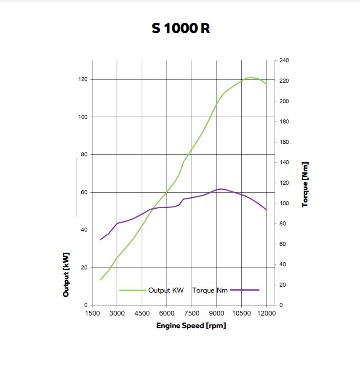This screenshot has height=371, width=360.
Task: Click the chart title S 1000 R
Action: tap(181, 28)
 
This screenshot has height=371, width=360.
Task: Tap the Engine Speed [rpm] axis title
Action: tap(191, 325)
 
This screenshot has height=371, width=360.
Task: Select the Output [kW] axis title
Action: tap(66, 274)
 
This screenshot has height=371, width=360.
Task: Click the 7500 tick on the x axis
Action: tap(192, 313)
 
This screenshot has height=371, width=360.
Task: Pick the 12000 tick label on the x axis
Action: tap(266, 313)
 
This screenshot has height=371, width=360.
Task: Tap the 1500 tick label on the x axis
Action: tap(92, 313)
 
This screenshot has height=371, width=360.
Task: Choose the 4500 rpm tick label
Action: tap(142, 313)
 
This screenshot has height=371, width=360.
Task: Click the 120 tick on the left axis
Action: tap(83, 79)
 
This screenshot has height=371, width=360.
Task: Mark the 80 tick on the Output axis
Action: tap(84, 154)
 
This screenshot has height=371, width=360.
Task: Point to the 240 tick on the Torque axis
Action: tap(284, 60)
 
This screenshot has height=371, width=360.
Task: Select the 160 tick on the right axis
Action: tap(284, 142)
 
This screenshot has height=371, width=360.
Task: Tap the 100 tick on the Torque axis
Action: tap(284, 203)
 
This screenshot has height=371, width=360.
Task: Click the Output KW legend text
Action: tap(166, 290)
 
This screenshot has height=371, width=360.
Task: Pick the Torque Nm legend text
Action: tap(210, 290)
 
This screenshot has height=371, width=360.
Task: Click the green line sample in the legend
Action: tap(132, 290)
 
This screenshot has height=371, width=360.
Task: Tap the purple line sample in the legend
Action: tap(245, 290)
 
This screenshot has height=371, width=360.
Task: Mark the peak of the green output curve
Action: tap(250, 77)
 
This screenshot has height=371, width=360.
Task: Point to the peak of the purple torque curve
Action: tap(221, 189)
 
